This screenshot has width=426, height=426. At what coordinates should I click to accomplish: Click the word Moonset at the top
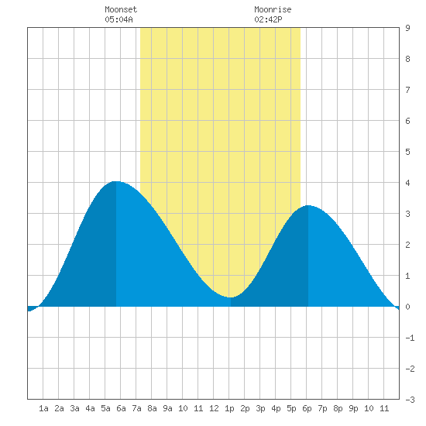click(121, 9)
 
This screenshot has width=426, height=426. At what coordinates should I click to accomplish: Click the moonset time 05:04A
click(119, 19)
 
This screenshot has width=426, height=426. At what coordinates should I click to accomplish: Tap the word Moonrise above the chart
click(273, 9)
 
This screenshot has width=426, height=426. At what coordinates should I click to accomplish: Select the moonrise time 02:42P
click(268, 19)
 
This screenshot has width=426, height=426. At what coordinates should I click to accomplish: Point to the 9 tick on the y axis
click(407, 28)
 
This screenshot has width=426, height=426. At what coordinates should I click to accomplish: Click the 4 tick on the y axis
click(407, 183)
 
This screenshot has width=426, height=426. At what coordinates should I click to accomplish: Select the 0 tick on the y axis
click(407, 307)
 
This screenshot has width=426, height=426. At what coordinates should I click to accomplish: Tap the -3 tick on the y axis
click(410, 400)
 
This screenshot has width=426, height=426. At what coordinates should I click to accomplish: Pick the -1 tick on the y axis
click(410, 338)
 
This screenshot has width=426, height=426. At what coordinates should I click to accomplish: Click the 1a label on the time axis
click(43, 408)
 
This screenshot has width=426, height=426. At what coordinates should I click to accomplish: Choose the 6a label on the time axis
click(121, 408)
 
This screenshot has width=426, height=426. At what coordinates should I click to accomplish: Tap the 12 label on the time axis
click(214, 408)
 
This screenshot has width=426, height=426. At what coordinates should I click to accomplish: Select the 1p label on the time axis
click(229, 408)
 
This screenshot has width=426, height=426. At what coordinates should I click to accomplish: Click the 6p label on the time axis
click(307, 408)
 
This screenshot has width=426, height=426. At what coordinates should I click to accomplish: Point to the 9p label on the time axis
click(353, 408)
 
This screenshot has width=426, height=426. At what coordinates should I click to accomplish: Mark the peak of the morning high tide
click(116, 181)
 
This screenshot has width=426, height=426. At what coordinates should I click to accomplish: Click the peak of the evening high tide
click(308, 206)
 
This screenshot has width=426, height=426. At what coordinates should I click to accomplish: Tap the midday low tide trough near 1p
click(230, 297)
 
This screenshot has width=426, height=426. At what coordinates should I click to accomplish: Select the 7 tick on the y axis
click(407, 90)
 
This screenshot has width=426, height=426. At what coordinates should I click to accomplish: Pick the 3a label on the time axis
click(74, 408)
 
